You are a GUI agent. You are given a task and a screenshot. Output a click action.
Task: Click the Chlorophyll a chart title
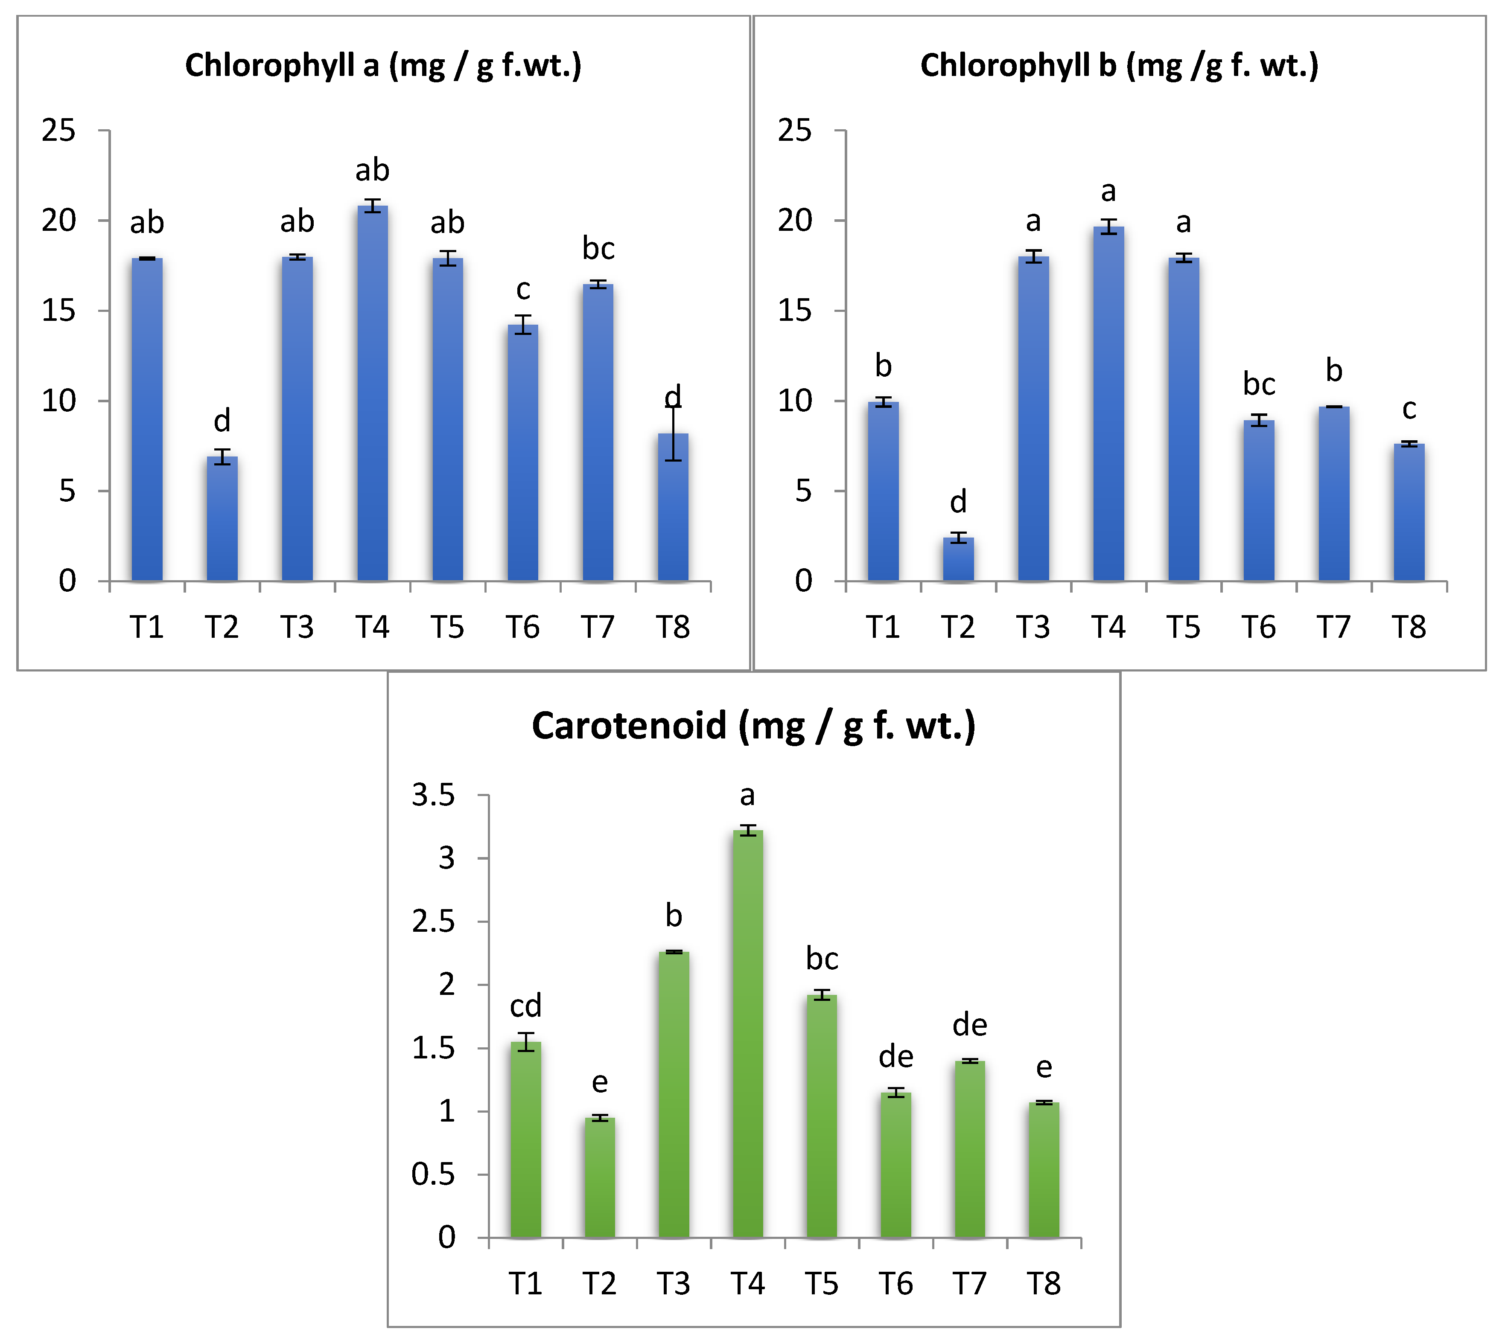pos(383,66)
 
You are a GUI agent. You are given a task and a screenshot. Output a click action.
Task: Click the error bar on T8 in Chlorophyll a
pos(673,434)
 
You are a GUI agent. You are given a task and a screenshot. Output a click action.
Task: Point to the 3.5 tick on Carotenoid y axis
pos(434,795)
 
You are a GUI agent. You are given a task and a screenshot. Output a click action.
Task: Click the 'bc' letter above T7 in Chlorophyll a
pos(598,249)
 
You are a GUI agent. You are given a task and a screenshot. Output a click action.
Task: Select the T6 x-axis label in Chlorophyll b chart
pos(1258,627)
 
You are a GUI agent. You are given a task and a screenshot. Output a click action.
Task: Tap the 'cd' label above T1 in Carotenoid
pos(525,1006)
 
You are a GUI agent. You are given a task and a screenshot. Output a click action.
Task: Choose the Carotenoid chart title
pos(754,726)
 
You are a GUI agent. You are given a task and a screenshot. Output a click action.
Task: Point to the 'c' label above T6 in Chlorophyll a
pos(523,289)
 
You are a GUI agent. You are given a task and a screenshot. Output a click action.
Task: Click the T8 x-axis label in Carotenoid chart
pos(1044,1284)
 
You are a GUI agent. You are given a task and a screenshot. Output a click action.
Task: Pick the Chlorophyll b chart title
pos(1119,66)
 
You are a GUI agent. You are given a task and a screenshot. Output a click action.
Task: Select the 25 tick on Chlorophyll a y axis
pos(59,131)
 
